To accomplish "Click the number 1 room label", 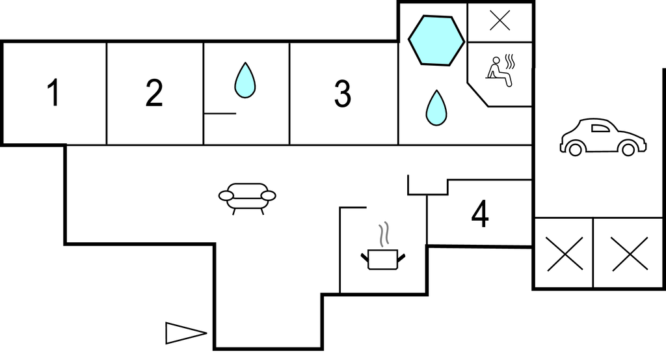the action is [x=53, y=92].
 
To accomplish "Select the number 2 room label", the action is [x=153, y=92].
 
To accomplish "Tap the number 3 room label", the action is [x=342, y=94].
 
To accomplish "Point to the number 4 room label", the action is [x=480, y=214].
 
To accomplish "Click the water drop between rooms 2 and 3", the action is [x=245, y=81].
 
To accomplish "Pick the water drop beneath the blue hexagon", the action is [x=436, y=108].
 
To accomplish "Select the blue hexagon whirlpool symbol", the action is [x=436, y=40].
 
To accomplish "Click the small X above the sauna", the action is [x=500, y=21].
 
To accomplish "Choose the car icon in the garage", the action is [x=603, y=137].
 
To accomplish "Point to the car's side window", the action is [x=600, y=128].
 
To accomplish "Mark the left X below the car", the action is [x=565, y=254].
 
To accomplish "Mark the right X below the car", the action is [x=630, y=254].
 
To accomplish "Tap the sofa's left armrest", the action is [x=226, y=195].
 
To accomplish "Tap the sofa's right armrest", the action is [x=269, y=195].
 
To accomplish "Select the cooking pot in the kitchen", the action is [x=382, y=259].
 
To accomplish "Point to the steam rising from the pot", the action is [x=384, y=234].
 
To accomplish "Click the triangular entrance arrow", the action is [x=186, y=333].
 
